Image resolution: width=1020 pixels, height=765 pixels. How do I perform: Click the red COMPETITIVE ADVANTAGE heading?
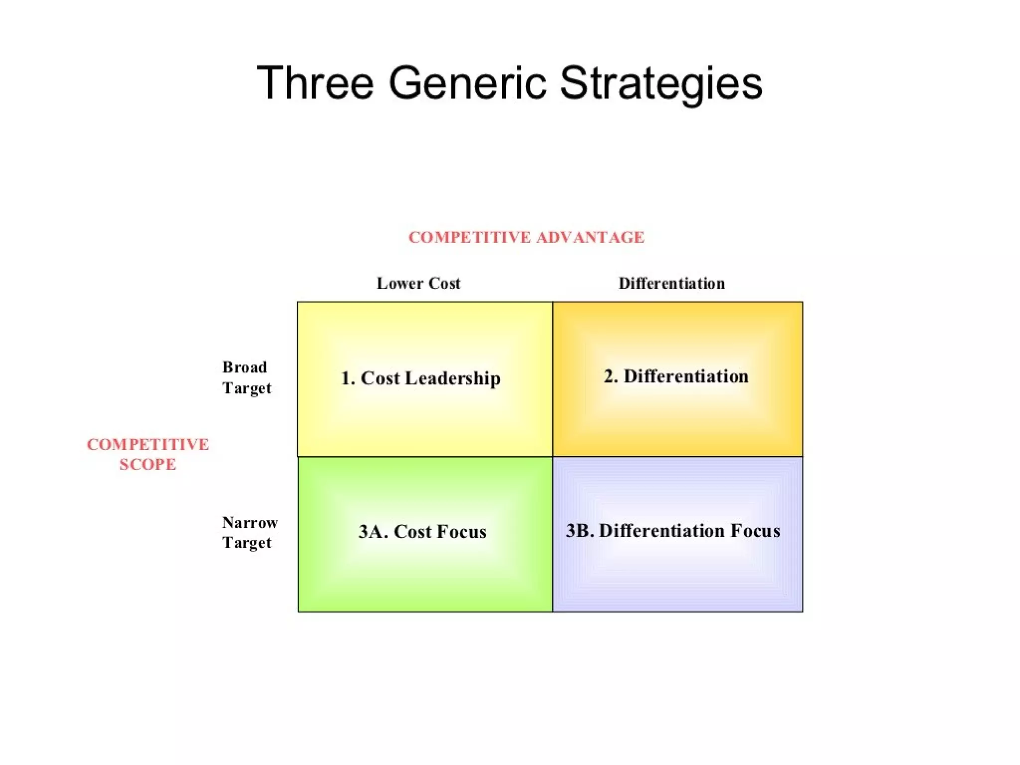point(526,238)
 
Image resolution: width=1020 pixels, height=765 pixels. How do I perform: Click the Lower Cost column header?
point(418,283)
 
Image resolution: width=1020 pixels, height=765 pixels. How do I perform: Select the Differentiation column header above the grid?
point(671,283)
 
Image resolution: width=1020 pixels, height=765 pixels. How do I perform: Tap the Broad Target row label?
point(247,378)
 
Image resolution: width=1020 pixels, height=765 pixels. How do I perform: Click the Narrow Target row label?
point(249,532)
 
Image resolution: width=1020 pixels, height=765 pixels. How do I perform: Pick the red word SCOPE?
point(148,465)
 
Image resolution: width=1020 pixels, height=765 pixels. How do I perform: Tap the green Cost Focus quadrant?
point(424,573)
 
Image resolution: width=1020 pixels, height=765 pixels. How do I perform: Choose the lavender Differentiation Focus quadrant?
point(677,573)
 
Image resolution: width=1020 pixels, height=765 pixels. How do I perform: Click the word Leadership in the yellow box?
point(453,379)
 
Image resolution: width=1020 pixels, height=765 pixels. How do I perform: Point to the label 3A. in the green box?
point(373,531)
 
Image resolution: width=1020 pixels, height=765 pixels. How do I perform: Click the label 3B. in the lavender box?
point(580,530)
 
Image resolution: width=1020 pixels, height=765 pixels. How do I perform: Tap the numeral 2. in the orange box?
point(611,377)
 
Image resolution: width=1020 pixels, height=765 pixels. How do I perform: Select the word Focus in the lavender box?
point(755,530)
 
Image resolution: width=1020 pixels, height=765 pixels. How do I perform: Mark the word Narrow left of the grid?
point(250,522)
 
